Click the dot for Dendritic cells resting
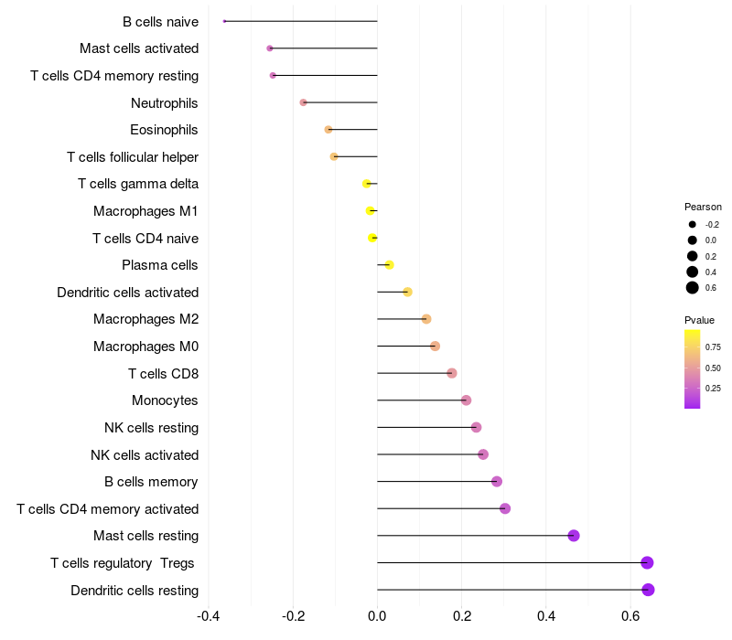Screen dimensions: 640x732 click(x=648, y=590)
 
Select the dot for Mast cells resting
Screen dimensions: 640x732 click(x=574, y=536)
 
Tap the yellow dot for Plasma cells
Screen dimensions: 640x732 click(x=389, y=265)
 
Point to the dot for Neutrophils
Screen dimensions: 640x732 click(x=304, y=102)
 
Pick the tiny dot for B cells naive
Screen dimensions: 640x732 click(x=224, y=21)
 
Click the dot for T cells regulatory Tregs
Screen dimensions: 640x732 click(x=647, y=562)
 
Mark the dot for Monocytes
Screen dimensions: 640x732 click(x=466, y=400)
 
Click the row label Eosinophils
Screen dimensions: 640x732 click(x=164, y=130)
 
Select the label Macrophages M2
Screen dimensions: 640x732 click(x=145, y=319)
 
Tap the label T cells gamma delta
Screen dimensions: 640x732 click(x=138, y=184)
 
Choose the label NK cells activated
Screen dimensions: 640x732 click(x=145, y=454)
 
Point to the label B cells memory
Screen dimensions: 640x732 click(x=152, y=482)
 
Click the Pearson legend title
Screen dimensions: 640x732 click(x=703, y=207)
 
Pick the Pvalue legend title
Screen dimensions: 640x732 click(x=699, y=320)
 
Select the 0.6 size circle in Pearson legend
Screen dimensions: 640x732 click(x=693, y=288)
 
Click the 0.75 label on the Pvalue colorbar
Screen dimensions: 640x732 click(x=713, y=347)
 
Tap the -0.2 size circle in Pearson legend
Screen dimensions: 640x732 click(x=693, y=224)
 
